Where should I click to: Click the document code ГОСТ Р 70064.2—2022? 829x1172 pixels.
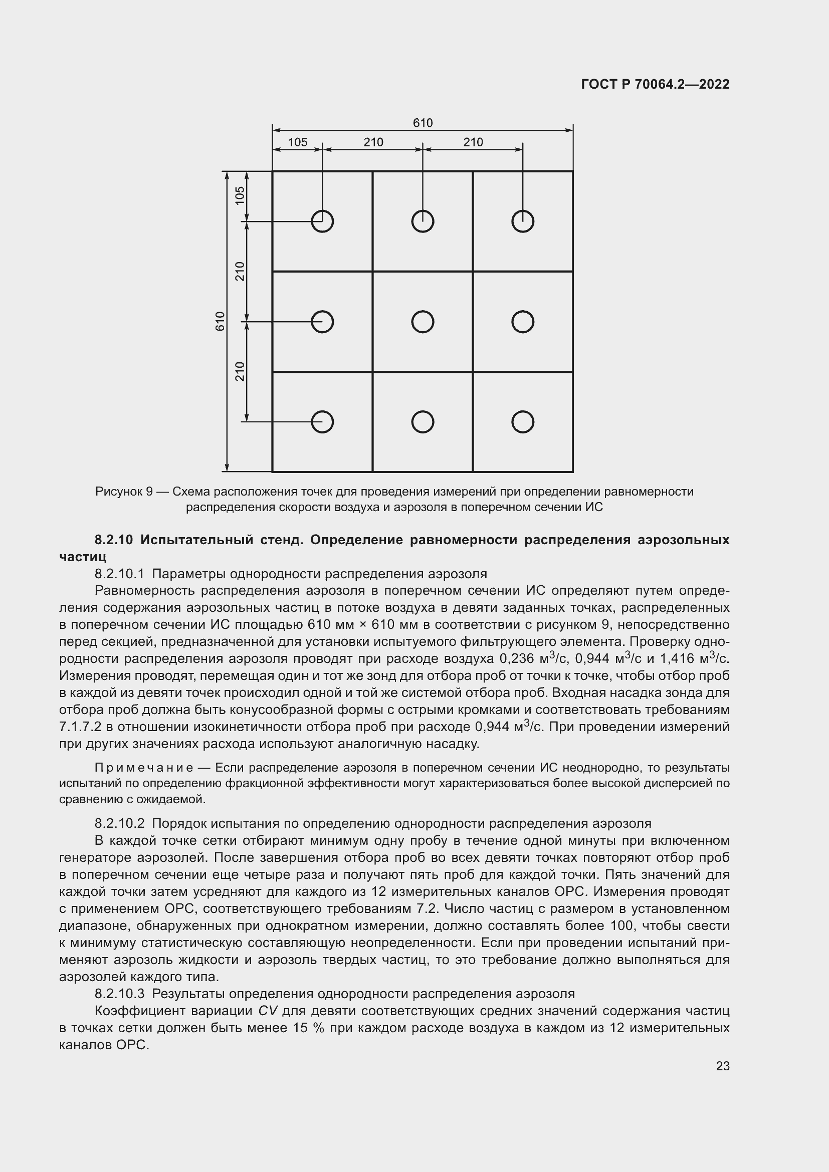click(655, 84)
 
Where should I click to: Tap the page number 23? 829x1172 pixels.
click(722, 1066)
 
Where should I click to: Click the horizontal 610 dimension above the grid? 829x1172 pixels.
click(422, 123)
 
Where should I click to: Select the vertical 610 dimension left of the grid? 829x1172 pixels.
click(220, 321)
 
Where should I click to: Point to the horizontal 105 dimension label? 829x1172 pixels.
click(298, 142)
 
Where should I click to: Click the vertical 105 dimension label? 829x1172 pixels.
click(240, 195)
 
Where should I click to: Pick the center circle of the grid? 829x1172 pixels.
click(422, 322)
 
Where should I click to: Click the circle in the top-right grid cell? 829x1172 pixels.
click(522, 221)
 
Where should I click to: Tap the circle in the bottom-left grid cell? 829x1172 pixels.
click(322, 421)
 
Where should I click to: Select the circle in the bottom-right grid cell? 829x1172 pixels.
click(522, 421)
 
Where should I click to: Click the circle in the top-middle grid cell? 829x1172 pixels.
click(422, 221)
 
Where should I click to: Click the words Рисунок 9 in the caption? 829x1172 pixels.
click(123, 492)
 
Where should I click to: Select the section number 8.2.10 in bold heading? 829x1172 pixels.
click(113, 540)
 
